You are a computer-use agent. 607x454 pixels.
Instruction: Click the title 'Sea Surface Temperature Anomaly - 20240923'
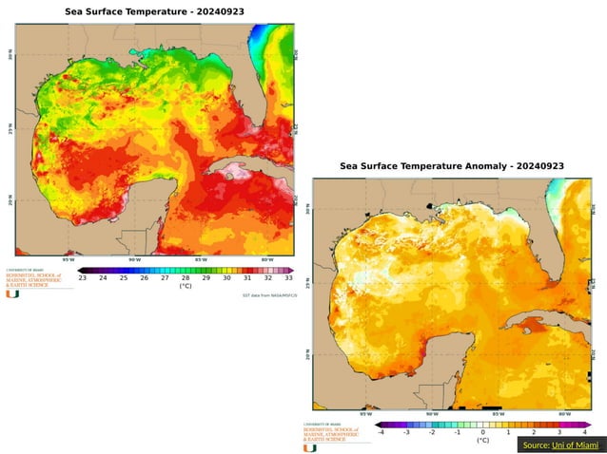[x=452, y=166]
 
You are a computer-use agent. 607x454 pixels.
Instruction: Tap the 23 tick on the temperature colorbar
[x=83, y=277]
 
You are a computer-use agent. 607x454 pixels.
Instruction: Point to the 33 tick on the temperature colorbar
[x=288, y=277]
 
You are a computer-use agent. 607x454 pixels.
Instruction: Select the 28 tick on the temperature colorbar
[x=186, y=277]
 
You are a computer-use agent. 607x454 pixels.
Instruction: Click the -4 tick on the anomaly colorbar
[x=381, y=432]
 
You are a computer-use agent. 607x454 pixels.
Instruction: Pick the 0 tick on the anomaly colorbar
[x=482, y=432]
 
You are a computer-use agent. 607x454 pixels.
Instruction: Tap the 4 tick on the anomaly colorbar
[x=583, y=432]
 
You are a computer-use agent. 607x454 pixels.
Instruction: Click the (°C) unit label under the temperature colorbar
[x=186, y=286]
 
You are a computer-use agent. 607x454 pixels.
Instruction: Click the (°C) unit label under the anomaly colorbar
[x=482, y=441]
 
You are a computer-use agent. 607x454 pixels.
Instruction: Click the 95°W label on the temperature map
[x=69, y=259]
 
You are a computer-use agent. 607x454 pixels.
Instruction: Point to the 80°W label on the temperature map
[x=266, y=259]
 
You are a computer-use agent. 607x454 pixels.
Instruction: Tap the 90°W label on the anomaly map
[x=431, y=414]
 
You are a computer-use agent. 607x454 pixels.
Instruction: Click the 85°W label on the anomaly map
[x=497, y=414]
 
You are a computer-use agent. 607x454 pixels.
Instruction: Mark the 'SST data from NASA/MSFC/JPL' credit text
[x=270, y=295]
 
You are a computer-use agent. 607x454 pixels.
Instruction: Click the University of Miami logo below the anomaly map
[x=308, y=447]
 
